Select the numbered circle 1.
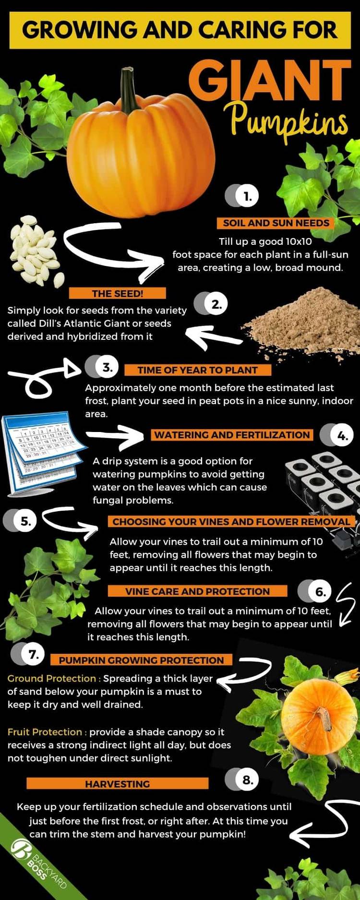[242, 196]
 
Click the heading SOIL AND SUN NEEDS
[276, 223]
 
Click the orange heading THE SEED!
[118, 293]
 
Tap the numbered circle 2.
[211, 304]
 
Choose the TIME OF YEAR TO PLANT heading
[198, 370]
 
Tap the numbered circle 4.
[336, 436]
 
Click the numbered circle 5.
[20, 521]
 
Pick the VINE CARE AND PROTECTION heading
[198, 591]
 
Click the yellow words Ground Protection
[52, 678]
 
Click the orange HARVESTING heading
[118, 784]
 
